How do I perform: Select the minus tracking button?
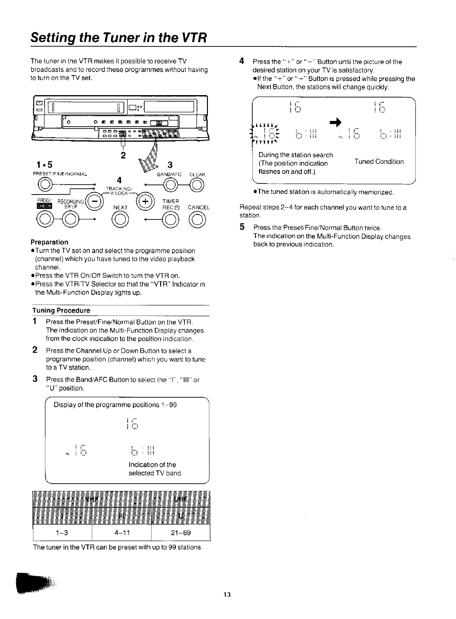(x=95, y=201)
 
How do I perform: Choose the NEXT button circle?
(x=120, y=220)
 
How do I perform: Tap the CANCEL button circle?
(x=197, y=220)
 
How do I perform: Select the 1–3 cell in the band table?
(x=62, y=532)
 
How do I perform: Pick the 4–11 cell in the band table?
(x=121, y=532)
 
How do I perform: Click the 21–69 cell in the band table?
(x=180, y=532)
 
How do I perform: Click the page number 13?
(x=227, y=595)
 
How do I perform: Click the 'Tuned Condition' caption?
(x=379, y=162)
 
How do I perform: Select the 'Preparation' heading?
(x=49, y=242)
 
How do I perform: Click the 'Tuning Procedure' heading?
(x=61, y=310)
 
